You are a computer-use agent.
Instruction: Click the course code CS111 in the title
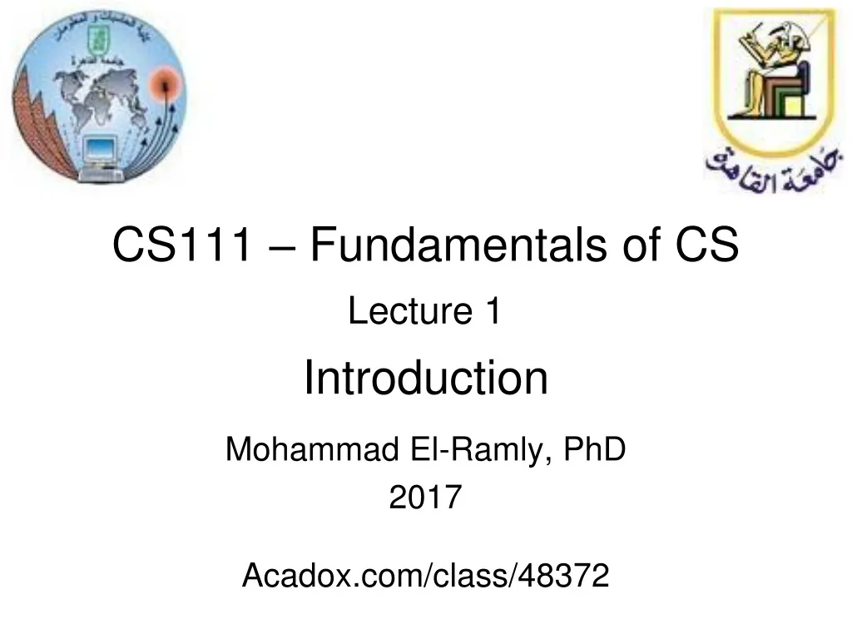[181, 247]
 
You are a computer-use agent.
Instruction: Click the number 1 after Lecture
[492, 312]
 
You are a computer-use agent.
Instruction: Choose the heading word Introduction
[425, 379]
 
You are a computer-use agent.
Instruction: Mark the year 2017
[425, 498]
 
